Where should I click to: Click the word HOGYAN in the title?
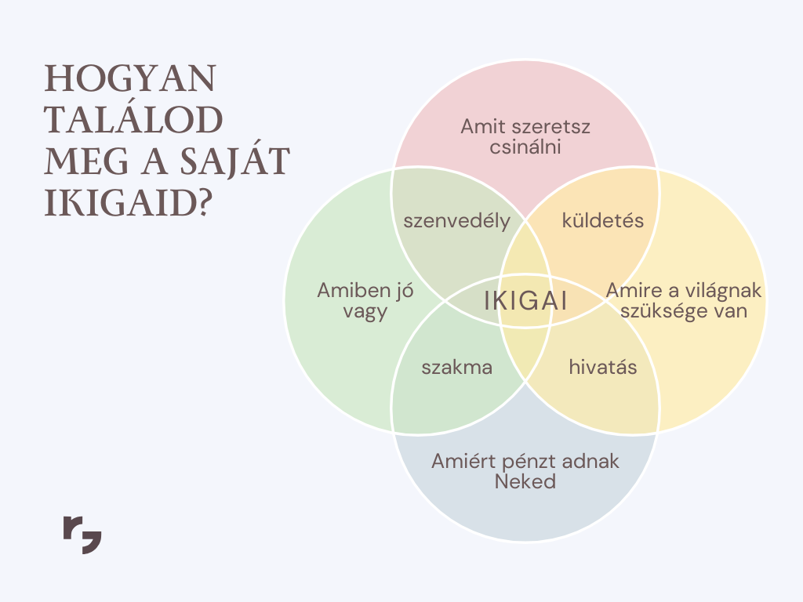click(x=131, y=79)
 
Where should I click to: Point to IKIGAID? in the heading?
click(x=129, y=203)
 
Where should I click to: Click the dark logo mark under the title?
click(x=82, y=535)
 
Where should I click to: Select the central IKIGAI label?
click(x=526, y=300)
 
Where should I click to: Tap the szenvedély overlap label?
click(x=457, y=221)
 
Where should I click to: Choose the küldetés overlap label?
click(x=603, y=220)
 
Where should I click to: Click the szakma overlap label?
click(x=457, y=367)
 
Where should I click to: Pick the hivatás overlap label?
click(x=603, y=367)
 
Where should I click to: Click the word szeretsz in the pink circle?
click(x=551, y=126)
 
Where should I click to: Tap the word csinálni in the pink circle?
click(x=525, y=147)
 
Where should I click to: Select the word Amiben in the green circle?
click(x=347, y=290)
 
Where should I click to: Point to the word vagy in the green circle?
click(x=365, y=312)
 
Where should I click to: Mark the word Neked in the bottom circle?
click(x=525, y=482)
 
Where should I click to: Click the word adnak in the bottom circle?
click(x=590, y=461)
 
